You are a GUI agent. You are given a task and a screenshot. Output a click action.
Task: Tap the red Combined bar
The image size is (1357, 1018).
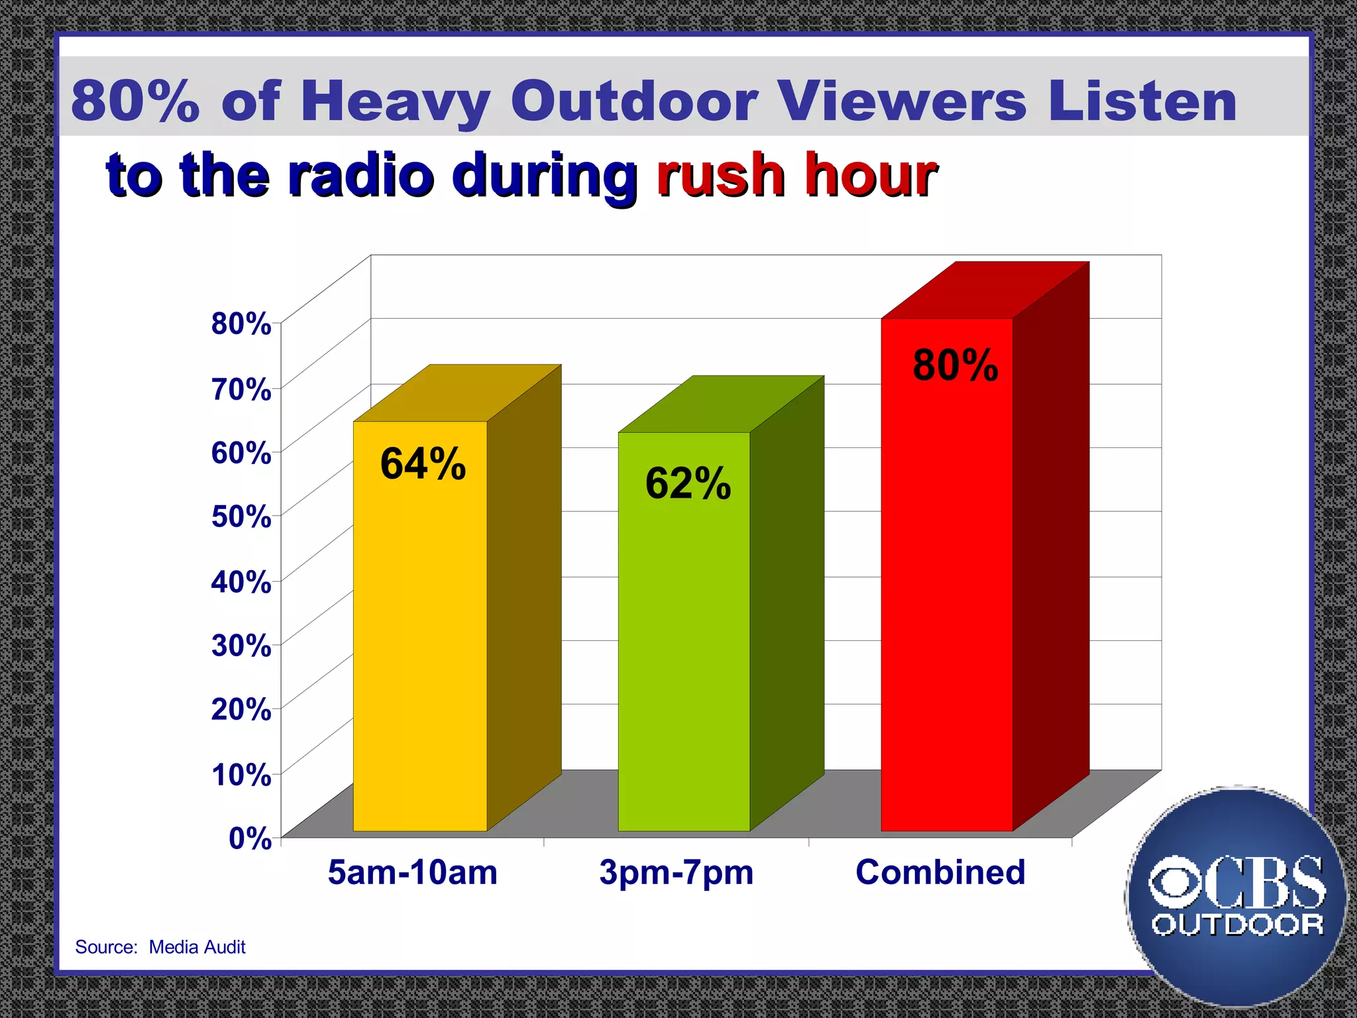click(x=946, y=596)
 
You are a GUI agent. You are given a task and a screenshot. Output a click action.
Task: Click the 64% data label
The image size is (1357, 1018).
click(x=423, y=463)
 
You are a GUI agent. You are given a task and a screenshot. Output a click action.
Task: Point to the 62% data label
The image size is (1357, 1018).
click(x=688, y=483)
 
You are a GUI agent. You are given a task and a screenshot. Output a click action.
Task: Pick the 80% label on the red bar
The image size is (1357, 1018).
click(x=955, y=365)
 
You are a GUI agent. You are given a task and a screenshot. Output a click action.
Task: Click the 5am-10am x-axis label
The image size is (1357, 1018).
click(x=412, y=872)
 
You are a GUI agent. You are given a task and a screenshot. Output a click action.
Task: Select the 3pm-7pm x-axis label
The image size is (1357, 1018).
click(x=676, y=872)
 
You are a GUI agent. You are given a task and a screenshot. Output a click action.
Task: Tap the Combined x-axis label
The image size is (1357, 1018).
click(x=940, y=872)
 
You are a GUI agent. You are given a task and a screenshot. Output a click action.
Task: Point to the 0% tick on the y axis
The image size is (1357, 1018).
click(x=250, y=838)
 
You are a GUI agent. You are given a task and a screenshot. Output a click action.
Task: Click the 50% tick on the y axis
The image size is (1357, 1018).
click(x=241, y=516)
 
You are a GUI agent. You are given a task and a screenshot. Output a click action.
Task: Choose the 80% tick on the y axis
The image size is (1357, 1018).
click(x=241, y=324)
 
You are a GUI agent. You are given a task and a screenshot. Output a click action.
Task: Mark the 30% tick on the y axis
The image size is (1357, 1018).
click(x=241, y=645)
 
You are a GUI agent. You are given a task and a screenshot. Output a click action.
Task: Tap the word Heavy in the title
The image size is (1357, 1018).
click(x=395, y=101)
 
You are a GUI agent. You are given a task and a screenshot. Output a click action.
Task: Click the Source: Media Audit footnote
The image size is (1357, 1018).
click(x=160, y=947)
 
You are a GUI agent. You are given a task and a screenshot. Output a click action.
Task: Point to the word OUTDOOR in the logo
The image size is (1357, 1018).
click(x=1238, y=925)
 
